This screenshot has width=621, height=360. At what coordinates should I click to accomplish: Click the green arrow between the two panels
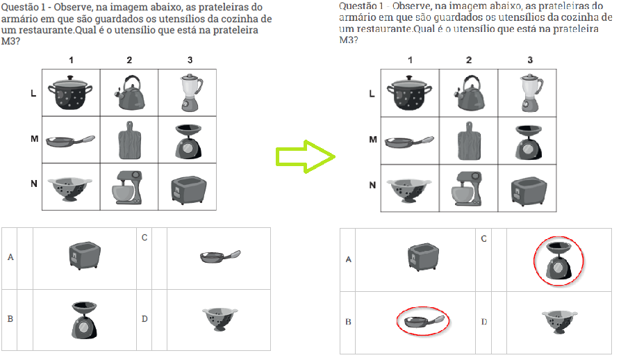click(x=306, y=156)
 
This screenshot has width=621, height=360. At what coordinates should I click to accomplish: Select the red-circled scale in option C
click(x=558, y=262)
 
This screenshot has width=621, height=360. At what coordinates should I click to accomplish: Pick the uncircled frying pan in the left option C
click(x=220, y=256)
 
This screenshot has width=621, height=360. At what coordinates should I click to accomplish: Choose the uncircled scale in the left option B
click(x=84, y=320)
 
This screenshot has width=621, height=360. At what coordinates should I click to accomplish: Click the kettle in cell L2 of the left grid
click(x=129, y=92)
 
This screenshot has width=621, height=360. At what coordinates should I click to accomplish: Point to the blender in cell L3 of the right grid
click(x=531, y=93)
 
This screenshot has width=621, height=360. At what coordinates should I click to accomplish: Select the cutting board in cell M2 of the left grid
click(x=129, y=140)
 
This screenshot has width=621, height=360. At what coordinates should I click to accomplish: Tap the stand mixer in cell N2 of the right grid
click(x=467, y=188)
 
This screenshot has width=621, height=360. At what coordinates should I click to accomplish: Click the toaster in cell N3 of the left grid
click(x=188, y=190)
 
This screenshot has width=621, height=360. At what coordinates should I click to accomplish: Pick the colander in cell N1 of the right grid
click(x=409, y=190)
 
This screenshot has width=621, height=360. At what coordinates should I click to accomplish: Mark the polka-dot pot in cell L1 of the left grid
click(x=70, y=93)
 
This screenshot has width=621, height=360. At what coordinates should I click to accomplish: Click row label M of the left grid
click(x=35, y=139)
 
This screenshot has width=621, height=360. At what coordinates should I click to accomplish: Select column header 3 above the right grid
click(x=530, y=60)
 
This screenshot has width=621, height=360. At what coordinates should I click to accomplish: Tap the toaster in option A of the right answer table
click(x=423, y=257)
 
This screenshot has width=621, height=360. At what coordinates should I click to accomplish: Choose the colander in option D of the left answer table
click(x=220, y=319)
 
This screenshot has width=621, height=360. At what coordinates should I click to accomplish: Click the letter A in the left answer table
click(x=10, y=257)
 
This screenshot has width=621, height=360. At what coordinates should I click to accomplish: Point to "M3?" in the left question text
click(x=10, y=41)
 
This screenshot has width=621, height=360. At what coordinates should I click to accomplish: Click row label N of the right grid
click(x=372, y=186)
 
